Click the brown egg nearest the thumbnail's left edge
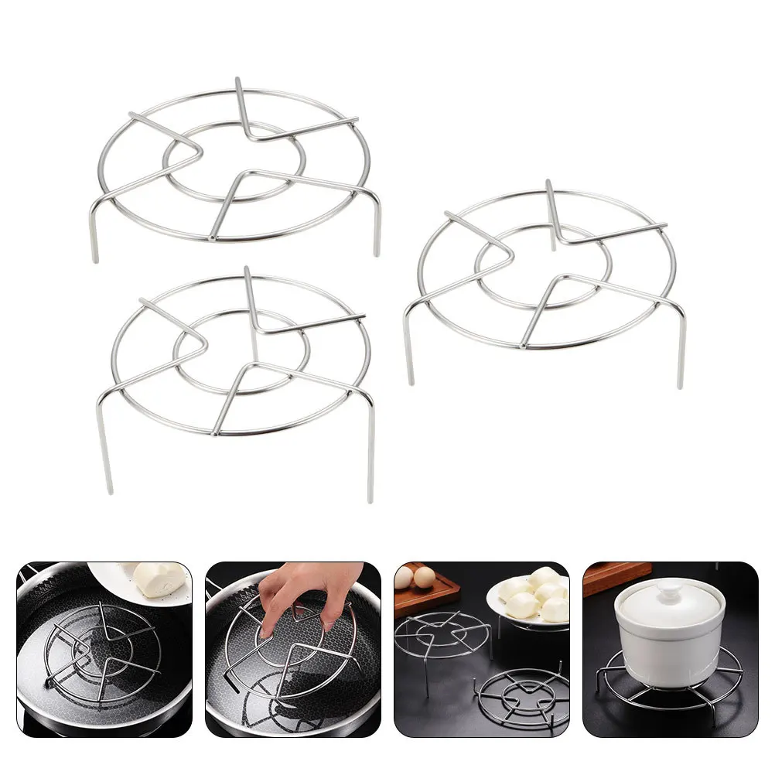[x=404, y=578]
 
